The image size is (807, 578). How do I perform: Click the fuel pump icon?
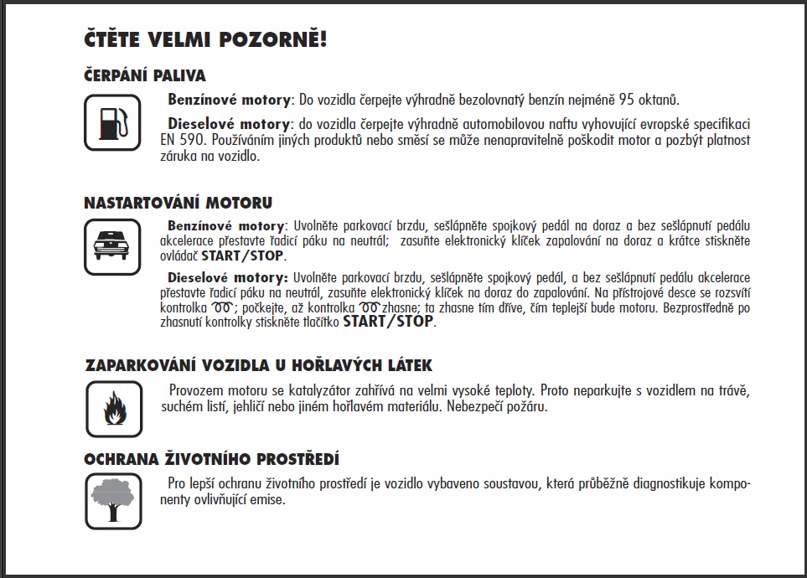click(x=112, y=122)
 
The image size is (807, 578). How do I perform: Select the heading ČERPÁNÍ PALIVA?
click(x=144, y=76)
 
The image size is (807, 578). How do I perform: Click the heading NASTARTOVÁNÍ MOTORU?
click(x=178, y=204)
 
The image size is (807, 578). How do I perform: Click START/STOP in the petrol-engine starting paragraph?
click(x=242, y=256)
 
